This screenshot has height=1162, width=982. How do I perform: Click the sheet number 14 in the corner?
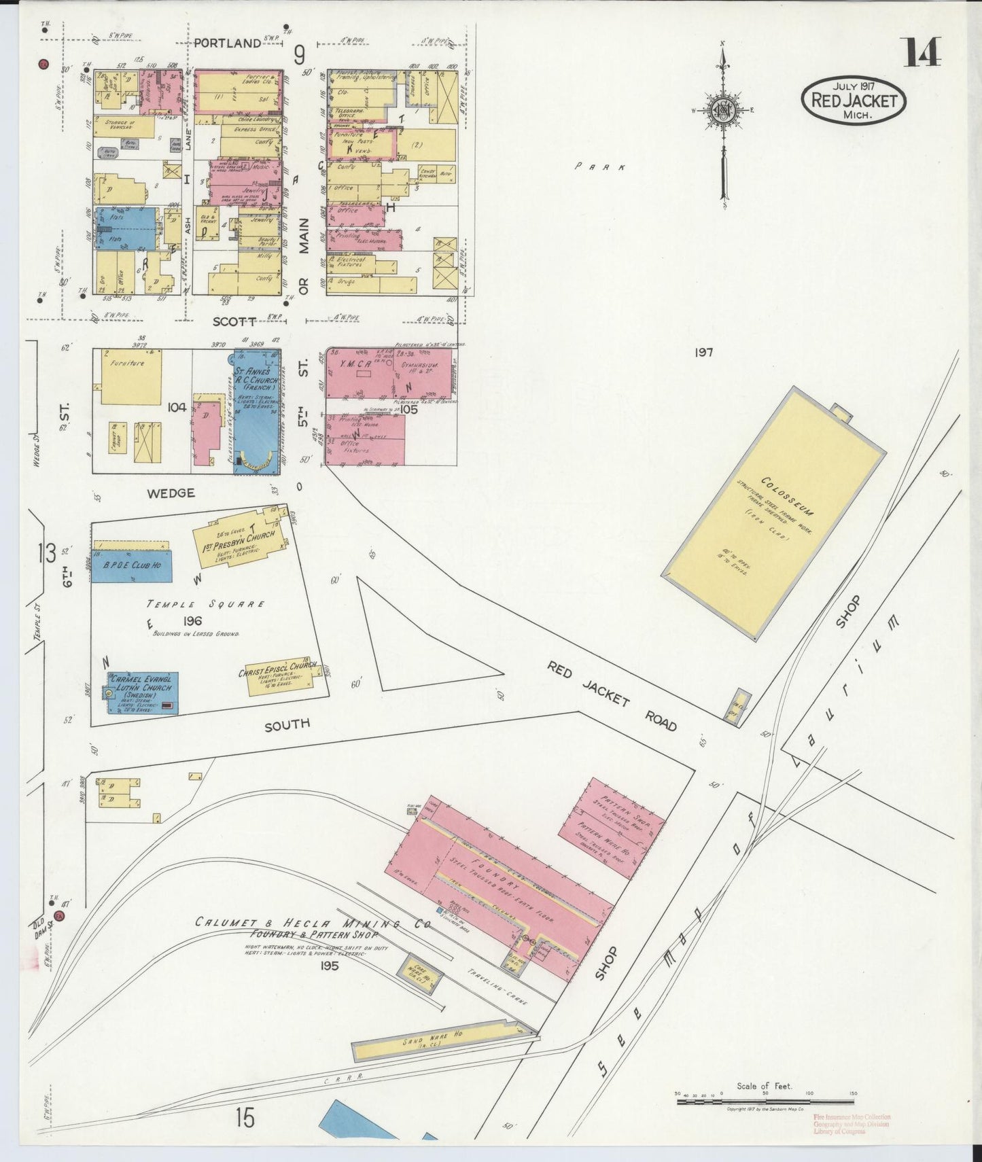(922, 52)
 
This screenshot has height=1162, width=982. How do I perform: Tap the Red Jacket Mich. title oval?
(854, 100)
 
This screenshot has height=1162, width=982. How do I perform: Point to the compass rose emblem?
(722, 111)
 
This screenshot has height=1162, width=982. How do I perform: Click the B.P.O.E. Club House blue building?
(131, 565)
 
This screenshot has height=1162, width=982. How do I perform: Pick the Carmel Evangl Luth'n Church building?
(143, 692)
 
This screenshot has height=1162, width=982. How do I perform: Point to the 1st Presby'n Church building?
(241, 542)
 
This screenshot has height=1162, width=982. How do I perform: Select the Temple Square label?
(206, 604)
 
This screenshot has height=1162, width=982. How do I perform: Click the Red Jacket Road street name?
(612, 695)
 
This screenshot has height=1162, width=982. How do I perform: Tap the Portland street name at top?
(227, 43)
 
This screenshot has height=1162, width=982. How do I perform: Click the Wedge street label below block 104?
(171, 493)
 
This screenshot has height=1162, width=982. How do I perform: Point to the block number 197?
(703, 352)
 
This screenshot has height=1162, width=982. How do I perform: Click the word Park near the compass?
(600, 166)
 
